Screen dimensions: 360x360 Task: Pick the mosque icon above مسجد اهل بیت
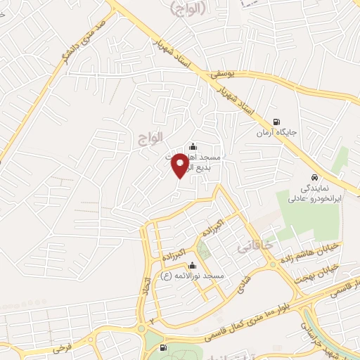coord(193,146)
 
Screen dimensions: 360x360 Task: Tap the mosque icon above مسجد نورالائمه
coord(193,266)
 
